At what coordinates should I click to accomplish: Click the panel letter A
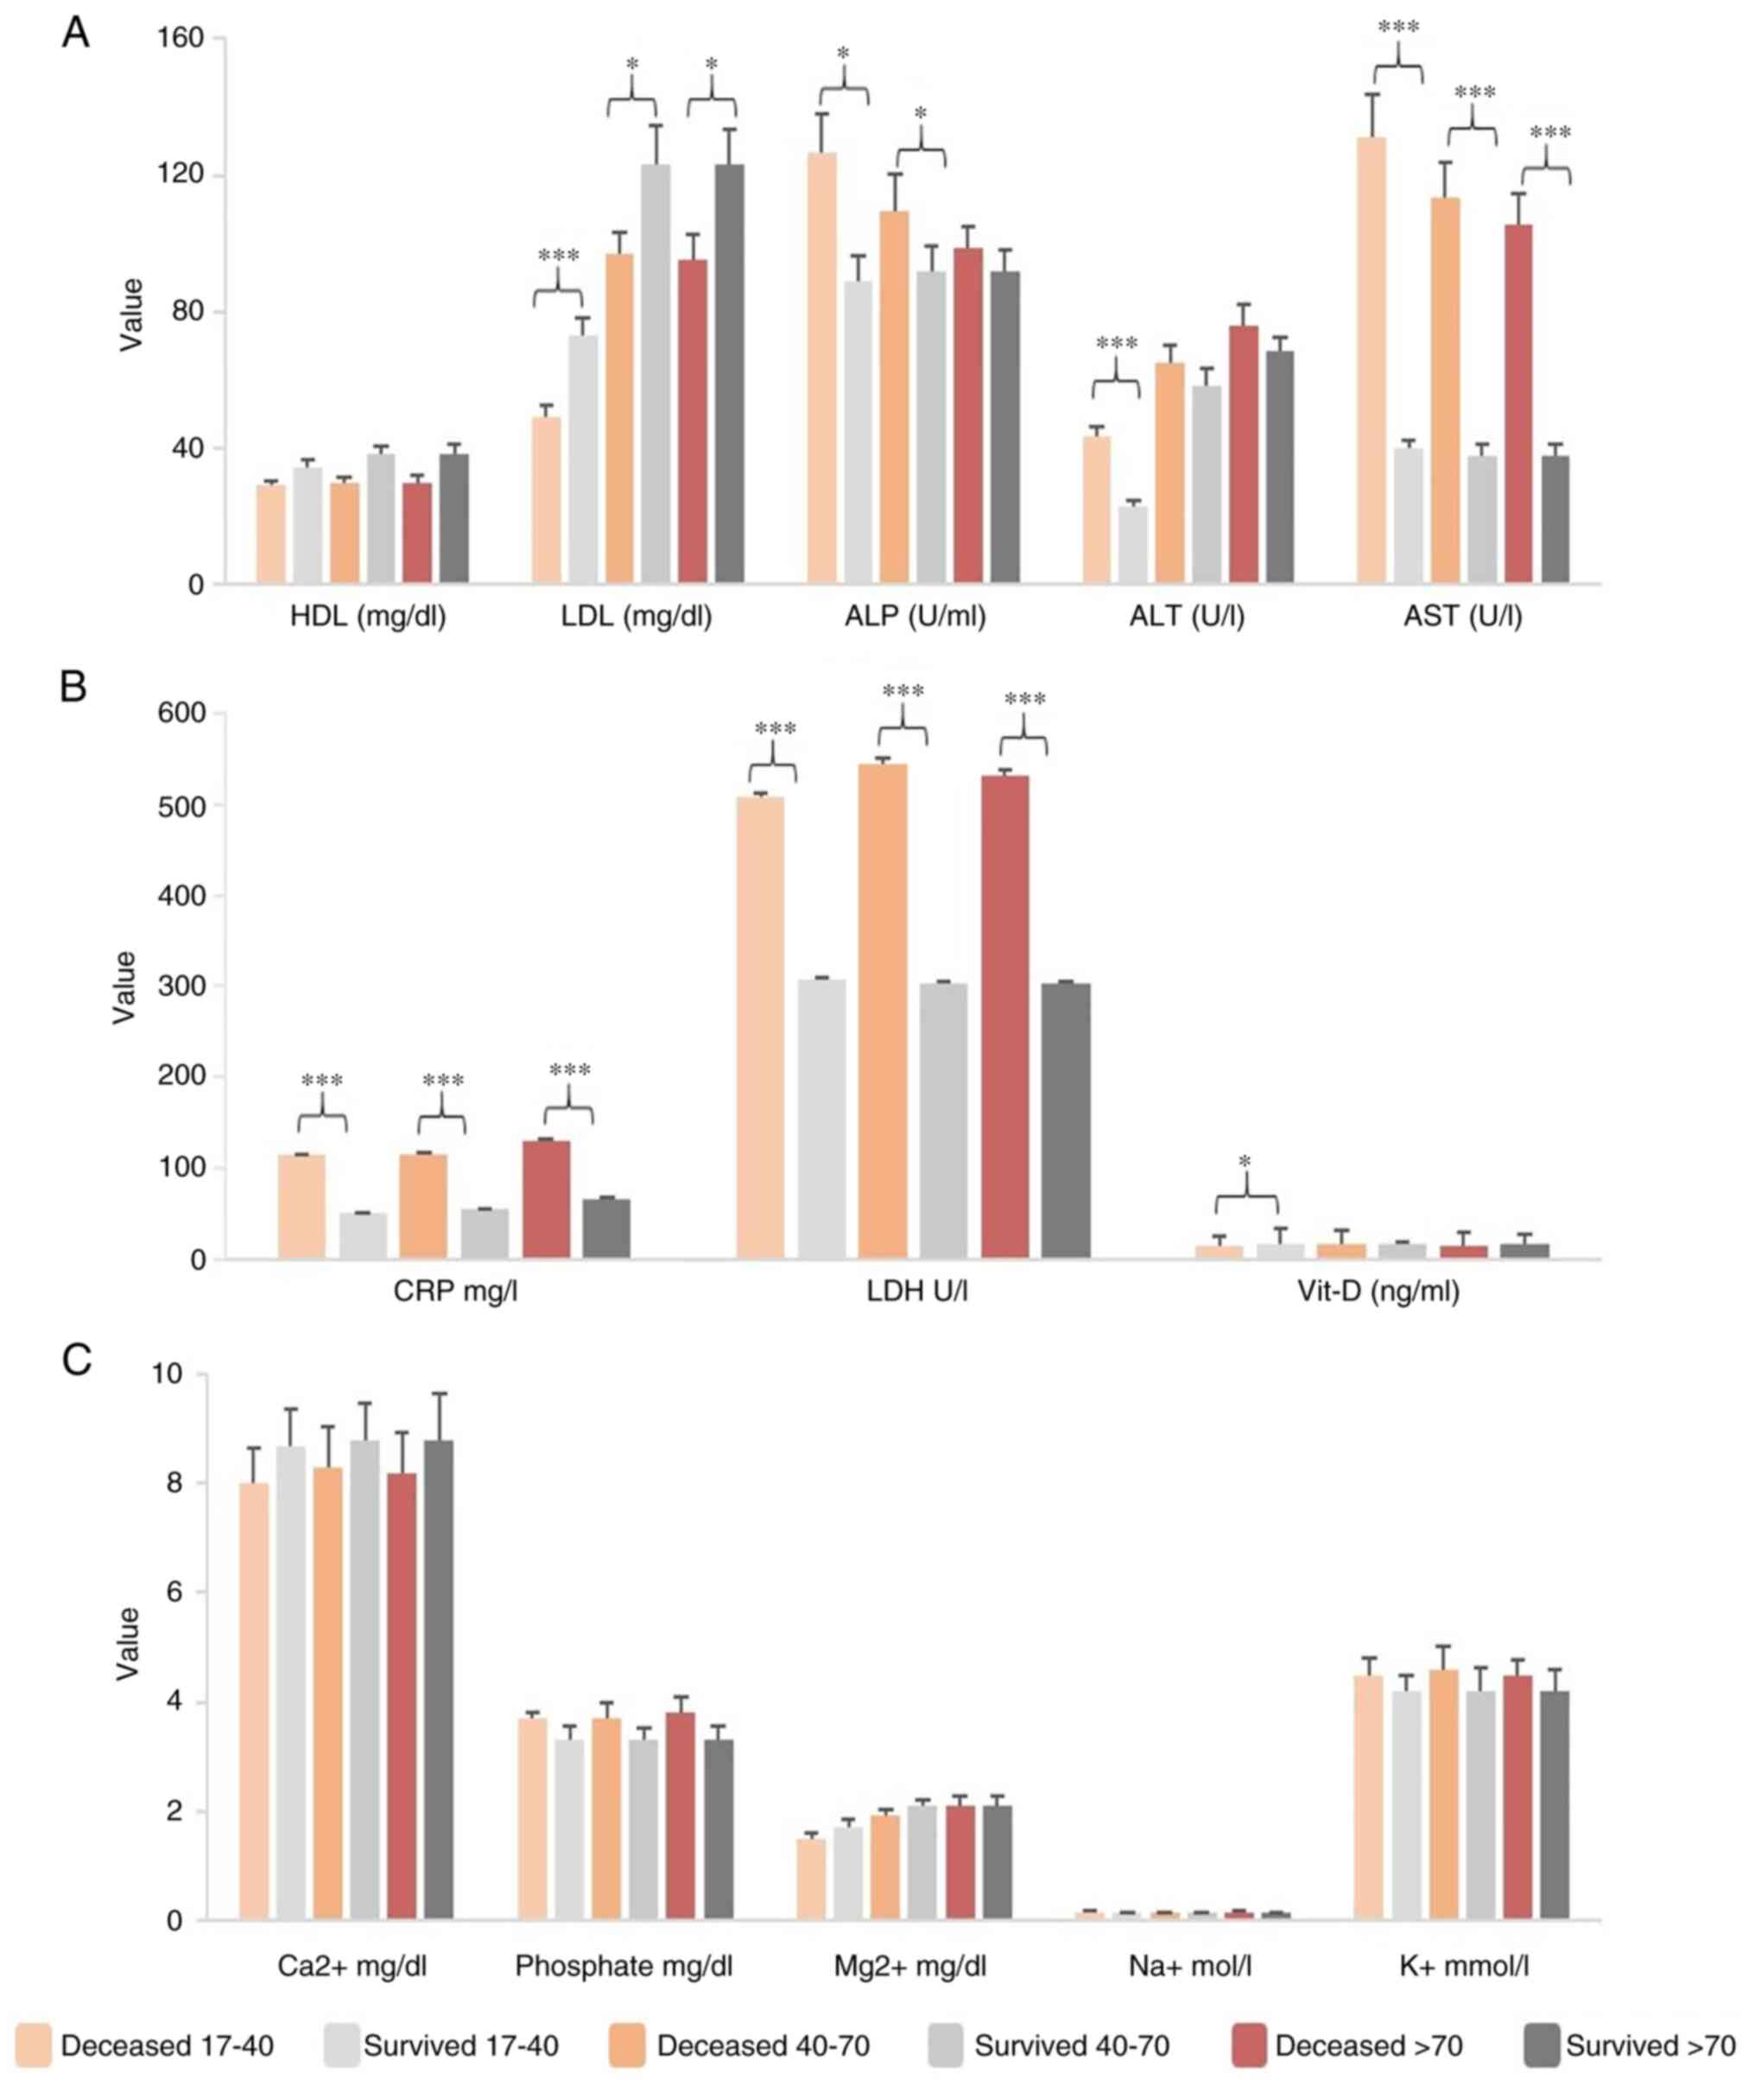[x=76, y=34]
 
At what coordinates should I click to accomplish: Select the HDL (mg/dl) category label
[x=368, y=618]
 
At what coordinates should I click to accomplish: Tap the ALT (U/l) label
[x=1187, y=618]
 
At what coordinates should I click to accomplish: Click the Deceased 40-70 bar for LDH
[x=883, y=1011]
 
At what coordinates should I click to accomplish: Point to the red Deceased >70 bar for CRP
[x=546, y=1200]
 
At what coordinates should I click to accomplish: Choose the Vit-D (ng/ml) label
[x=1379, y=1292]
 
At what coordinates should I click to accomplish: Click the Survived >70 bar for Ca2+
[x=438, y=1680]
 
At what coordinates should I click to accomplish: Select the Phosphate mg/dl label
[x=624, y=1967]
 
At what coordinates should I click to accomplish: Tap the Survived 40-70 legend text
[x=1072, y=2047]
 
